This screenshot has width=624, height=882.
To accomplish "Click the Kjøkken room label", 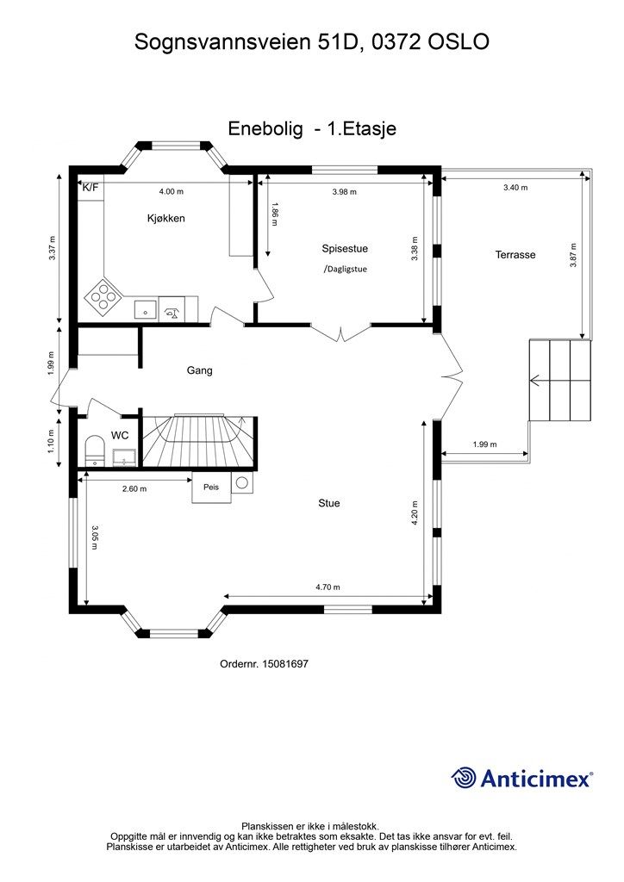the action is tap(166, 218).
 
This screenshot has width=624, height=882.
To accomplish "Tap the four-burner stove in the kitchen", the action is tap(102, 295).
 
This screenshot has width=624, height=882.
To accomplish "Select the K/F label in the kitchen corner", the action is tap(90, 187).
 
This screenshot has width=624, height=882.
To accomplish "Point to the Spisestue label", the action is tap(345, 249).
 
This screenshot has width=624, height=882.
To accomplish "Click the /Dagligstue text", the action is tap(345, 269).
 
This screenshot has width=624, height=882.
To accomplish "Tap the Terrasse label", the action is tap(515, 255).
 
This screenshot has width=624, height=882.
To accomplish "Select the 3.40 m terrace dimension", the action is tap(515, 187).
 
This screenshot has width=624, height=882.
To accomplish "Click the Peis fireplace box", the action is tap(211, 488).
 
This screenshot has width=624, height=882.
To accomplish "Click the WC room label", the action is tap(119, 435).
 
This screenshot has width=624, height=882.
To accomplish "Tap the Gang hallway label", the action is tap(200, 370).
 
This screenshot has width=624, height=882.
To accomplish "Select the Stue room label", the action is tap(329, 503).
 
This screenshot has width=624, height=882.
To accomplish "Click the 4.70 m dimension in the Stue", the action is tap(328, 587).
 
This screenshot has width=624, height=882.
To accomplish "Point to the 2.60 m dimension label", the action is tap(134, 489).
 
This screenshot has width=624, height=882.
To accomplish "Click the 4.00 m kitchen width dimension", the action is tap(171, 191).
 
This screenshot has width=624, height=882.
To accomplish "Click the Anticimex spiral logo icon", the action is tap(463, 779).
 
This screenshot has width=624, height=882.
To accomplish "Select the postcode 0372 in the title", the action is tap(396, 41).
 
